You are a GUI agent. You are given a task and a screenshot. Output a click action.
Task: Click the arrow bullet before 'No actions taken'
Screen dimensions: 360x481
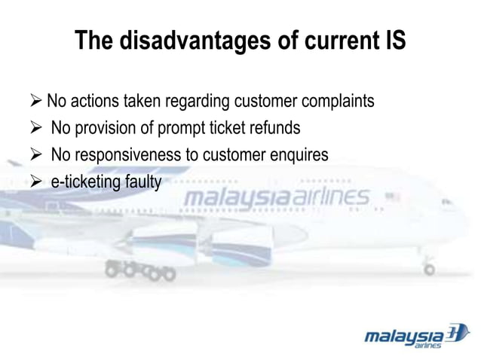pyautogui.click(x=36, y=101)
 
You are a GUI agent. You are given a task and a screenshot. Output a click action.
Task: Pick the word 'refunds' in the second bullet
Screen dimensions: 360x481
pyautogui.click(x=274, y=128)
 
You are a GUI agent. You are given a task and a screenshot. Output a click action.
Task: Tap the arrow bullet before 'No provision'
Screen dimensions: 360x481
pyautogui.click(x=36, y=128)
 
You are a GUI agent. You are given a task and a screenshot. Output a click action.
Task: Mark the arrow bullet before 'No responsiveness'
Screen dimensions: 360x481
pyautogui.click(x=36, y=155)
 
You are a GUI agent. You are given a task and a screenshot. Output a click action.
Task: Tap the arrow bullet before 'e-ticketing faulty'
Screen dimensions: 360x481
pyautogui.click(x=36, y=182)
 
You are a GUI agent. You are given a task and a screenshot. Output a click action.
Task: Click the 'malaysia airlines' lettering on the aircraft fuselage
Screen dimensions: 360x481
pyautogui.click(x=276, y=198)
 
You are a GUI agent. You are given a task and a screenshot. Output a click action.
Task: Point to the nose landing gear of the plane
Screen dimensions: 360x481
pyautogui.click(x=429, y=267)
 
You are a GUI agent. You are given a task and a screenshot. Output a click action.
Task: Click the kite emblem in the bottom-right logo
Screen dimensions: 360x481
pyautogui.click(x=457, y=333)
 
